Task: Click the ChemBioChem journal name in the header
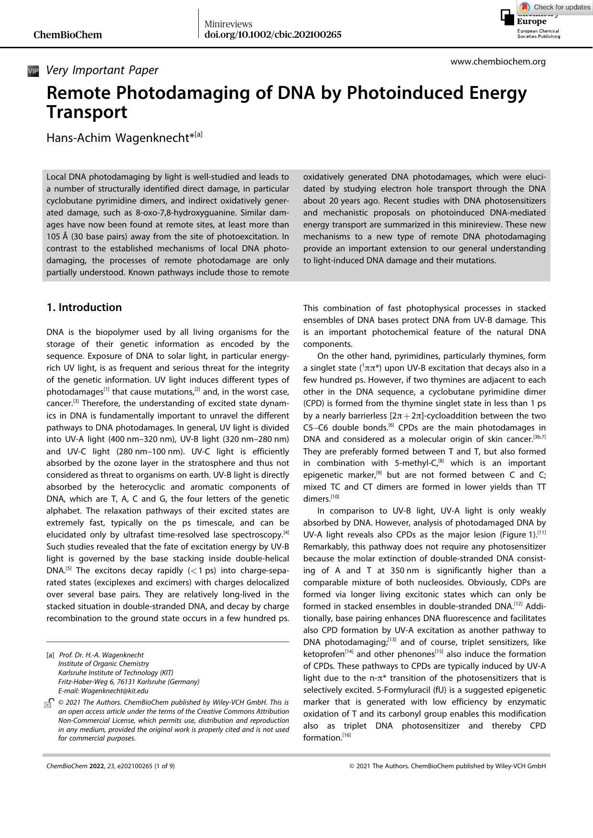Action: [67, 35]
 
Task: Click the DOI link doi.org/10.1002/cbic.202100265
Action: [273, 34]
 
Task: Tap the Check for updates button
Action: [555, 7]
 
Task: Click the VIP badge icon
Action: [33, 71]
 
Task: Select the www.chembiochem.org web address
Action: [498, 62]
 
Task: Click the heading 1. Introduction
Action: [84, 307]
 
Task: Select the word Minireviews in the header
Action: [228, 24]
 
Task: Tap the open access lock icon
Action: [49, 703]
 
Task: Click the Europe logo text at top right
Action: [531, 21]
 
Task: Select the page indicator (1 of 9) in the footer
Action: [164, 766]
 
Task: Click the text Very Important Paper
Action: [102, 70]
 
